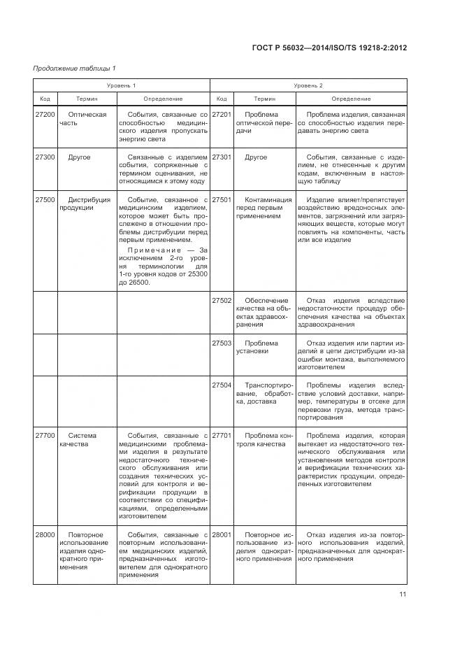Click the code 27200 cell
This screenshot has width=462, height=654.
[x=45, y=114]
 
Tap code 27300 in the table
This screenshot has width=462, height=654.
[x=45, y=157]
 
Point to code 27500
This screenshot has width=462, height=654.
[x=45, y=199]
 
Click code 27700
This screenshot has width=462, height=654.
[x=45, y=435]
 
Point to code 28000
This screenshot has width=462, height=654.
[x=45, y=534]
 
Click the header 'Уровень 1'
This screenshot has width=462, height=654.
[x=122, y=85]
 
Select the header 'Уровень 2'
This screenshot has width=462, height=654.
[x=308, y=85]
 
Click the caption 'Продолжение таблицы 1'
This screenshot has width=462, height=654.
[x=74, y=68]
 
